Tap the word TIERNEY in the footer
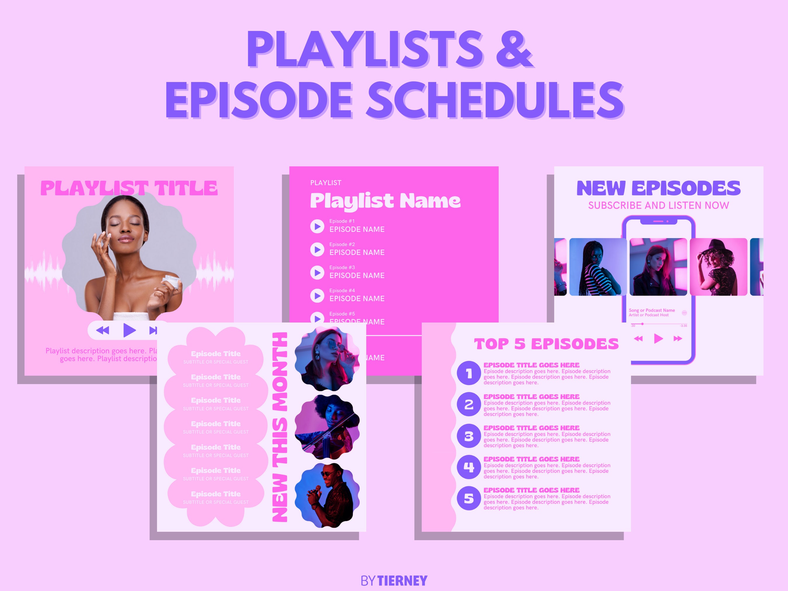pos(402,581)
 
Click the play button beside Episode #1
pos(317,226)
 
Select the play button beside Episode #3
pos(317,273)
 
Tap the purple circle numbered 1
pos(469,373)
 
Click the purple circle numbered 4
pos(469,467)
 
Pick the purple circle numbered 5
pos(469,498)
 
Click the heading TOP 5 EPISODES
pos(546,344)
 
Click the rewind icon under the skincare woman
pos(103,330)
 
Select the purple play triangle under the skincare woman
pos(129,330)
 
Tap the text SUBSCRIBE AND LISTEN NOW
pos(658,205)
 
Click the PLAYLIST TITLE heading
pos(129,188)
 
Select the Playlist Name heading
pos(385,201)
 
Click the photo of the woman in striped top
pos(598,267)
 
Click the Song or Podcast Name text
pos(652,310)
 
